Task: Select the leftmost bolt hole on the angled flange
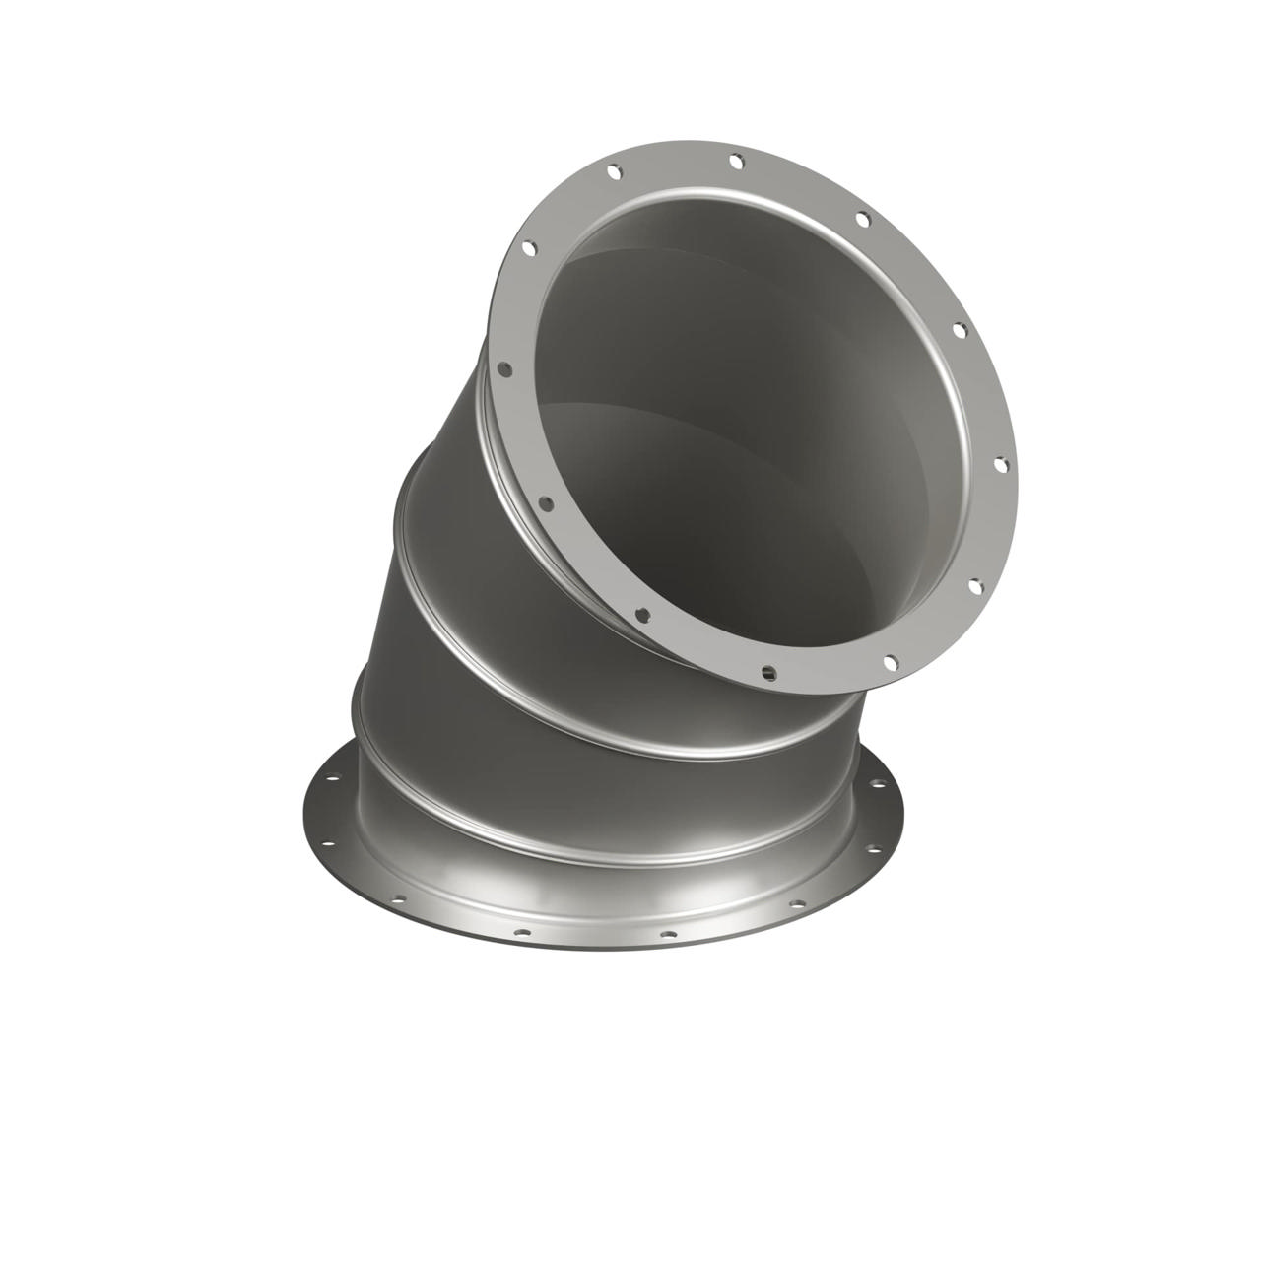[502, 371]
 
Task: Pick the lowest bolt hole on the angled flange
[769, 674]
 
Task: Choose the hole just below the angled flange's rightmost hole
[975, 586]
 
